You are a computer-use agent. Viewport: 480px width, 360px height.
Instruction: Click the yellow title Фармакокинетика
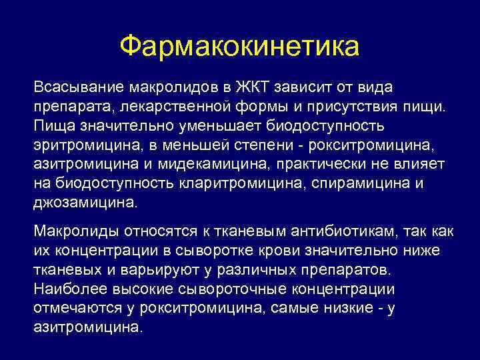(x=239, y=46)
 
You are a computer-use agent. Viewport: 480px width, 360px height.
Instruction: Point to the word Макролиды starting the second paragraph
(x=70, y=231)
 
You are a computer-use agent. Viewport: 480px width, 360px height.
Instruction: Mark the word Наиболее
(x=63, y=289)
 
